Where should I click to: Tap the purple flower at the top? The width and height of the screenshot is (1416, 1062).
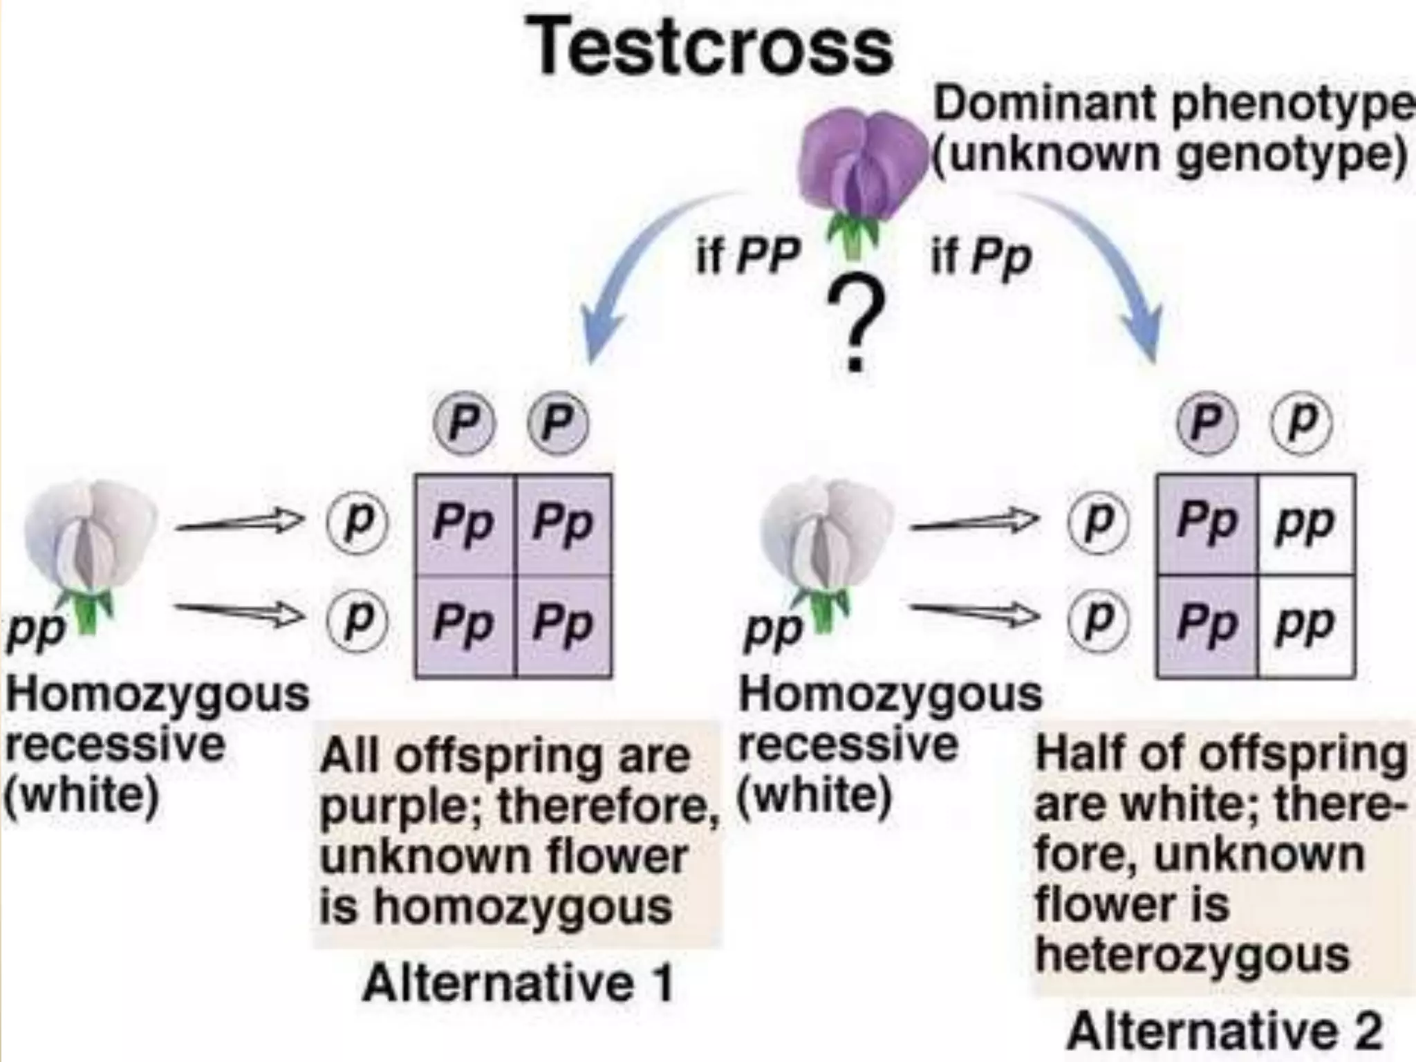point(860,166)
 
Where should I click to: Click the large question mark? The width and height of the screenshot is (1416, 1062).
point(856,325)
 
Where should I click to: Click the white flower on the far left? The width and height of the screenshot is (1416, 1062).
point(90,546)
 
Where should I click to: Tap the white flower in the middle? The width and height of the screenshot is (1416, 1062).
point(826,546)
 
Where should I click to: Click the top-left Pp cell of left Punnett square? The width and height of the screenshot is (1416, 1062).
point(463,524)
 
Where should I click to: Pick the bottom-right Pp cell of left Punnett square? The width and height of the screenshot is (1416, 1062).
point(563,625)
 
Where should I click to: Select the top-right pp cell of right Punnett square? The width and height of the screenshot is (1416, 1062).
point(1305,524)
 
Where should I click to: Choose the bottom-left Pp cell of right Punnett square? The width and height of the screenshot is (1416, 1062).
point(1207,625)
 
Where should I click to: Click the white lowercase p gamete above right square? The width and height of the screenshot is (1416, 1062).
point(1302,422)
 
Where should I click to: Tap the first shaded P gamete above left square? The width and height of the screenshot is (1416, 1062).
point(464,422)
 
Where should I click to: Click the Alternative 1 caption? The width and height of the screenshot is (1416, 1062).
point(519,983)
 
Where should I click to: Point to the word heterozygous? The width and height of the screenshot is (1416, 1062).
point(1193,956)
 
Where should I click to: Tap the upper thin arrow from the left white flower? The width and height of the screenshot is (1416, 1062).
point(239,522)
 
